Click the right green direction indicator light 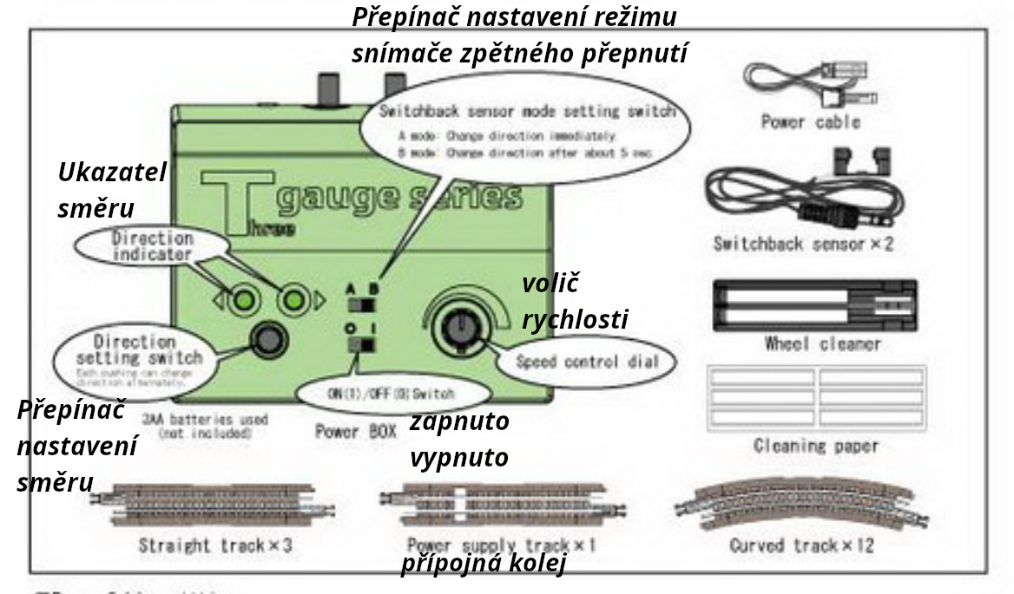295,300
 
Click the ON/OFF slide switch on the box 359,344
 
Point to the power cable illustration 809,82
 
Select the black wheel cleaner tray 814,304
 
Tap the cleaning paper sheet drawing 815,398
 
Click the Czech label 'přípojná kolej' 483,565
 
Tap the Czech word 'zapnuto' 459,422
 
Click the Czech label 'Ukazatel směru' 112,190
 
